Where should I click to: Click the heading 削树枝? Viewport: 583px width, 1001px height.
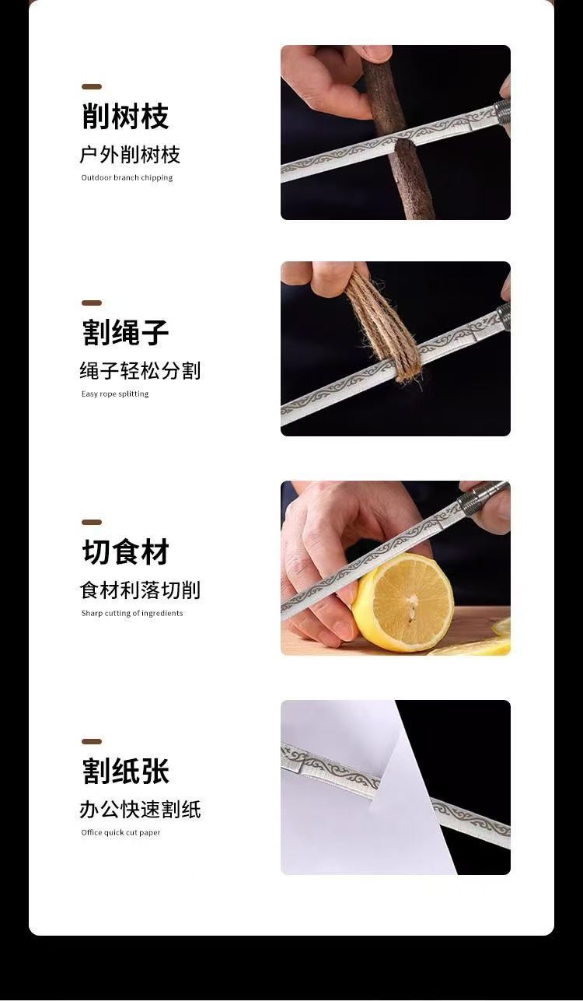coord(125,116)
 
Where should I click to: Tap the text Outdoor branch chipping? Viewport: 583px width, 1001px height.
coord(127,177)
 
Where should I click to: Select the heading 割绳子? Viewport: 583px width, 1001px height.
coord(125,332)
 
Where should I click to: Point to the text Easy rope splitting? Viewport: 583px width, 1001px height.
coord(115,394)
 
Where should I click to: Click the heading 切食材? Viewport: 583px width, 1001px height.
coord(125,551)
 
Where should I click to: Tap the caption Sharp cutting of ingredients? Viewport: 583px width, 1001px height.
coord(132,613)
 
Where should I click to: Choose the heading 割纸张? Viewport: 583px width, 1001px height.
coord(125,771)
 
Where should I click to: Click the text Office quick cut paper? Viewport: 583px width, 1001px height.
coord(120,832)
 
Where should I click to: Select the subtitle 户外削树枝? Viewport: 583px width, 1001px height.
coord(130,155)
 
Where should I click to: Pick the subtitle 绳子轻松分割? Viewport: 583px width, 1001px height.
coord(140,370)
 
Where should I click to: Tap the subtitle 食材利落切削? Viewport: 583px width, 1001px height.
coord(140,590)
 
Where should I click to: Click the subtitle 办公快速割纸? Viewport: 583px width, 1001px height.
coord(140,810)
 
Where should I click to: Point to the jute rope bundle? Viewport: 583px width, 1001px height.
coord(382,326)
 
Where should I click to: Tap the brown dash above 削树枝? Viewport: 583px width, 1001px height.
coord(92,86)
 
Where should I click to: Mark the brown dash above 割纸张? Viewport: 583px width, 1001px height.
coord(92,741)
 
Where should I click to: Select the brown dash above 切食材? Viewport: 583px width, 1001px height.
coord(92,522)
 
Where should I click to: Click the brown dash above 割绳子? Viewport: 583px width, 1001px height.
coord(92,303)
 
